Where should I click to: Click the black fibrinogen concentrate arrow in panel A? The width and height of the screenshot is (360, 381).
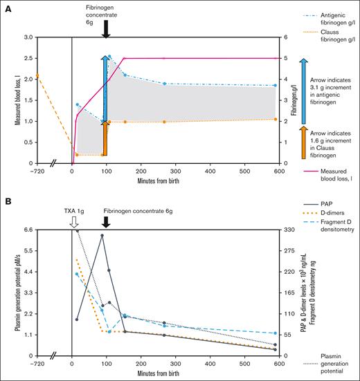106,29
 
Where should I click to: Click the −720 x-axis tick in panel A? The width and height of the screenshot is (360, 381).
37,170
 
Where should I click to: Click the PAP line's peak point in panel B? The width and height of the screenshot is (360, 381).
102,236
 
